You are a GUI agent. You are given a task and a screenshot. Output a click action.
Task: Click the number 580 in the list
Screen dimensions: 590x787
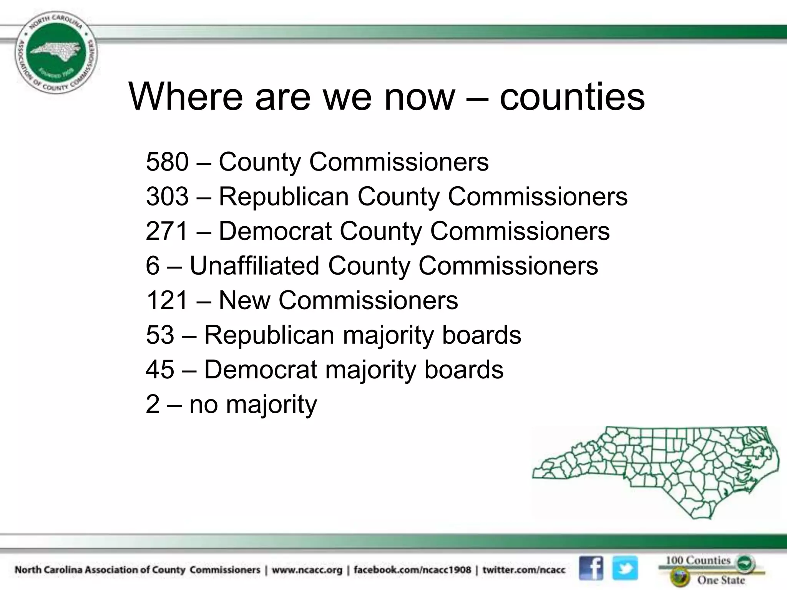[167, 162]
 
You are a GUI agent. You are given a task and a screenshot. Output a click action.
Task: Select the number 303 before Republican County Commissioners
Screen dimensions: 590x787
[167, 196]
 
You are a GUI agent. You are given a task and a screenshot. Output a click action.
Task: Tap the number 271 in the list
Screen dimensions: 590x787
[167, 231]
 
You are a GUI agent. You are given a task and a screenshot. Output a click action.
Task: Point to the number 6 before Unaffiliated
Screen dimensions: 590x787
[153, 265]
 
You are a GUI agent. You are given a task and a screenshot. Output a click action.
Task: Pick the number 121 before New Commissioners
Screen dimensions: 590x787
[167, 300]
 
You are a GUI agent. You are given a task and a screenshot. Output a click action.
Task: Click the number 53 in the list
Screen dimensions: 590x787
[160, 335]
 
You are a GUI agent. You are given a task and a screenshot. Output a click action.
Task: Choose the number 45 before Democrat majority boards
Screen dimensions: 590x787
[160, 369]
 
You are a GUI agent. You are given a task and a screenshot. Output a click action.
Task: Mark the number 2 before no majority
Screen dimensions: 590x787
[153, 404]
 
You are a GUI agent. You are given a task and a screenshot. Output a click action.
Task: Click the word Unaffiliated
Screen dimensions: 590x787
[254, 265]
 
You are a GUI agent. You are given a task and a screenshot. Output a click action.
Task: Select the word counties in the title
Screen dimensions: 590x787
[572, 97]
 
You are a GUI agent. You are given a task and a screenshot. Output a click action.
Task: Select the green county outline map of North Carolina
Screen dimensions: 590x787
[655, 472]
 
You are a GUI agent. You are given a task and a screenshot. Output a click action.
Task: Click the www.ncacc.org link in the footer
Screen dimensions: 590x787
[307, 570]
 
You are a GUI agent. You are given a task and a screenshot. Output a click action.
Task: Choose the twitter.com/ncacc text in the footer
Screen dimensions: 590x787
[524, 570]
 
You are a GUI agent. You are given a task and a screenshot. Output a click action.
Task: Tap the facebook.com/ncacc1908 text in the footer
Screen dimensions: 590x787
[412, 570]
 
